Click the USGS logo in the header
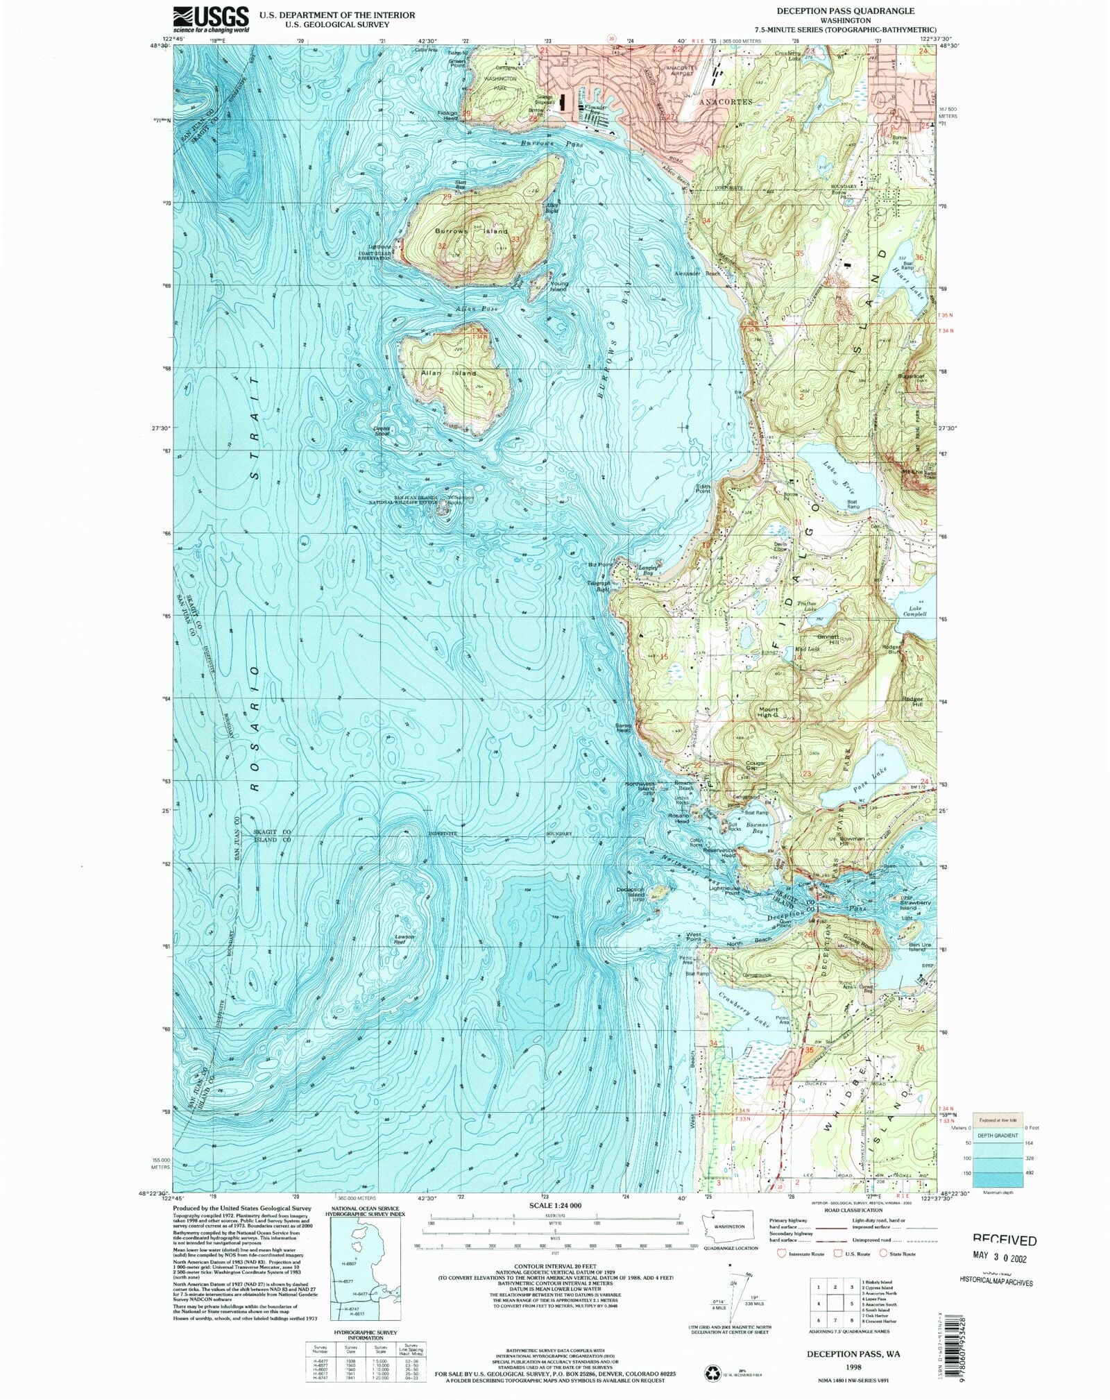211,19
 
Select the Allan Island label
449,373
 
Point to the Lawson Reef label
404,939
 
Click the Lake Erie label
839,476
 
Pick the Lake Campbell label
914,611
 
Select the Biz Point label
600,565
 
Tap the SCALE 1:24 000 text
555,1205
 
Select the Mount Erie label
911,471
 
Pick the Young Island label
558,286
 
